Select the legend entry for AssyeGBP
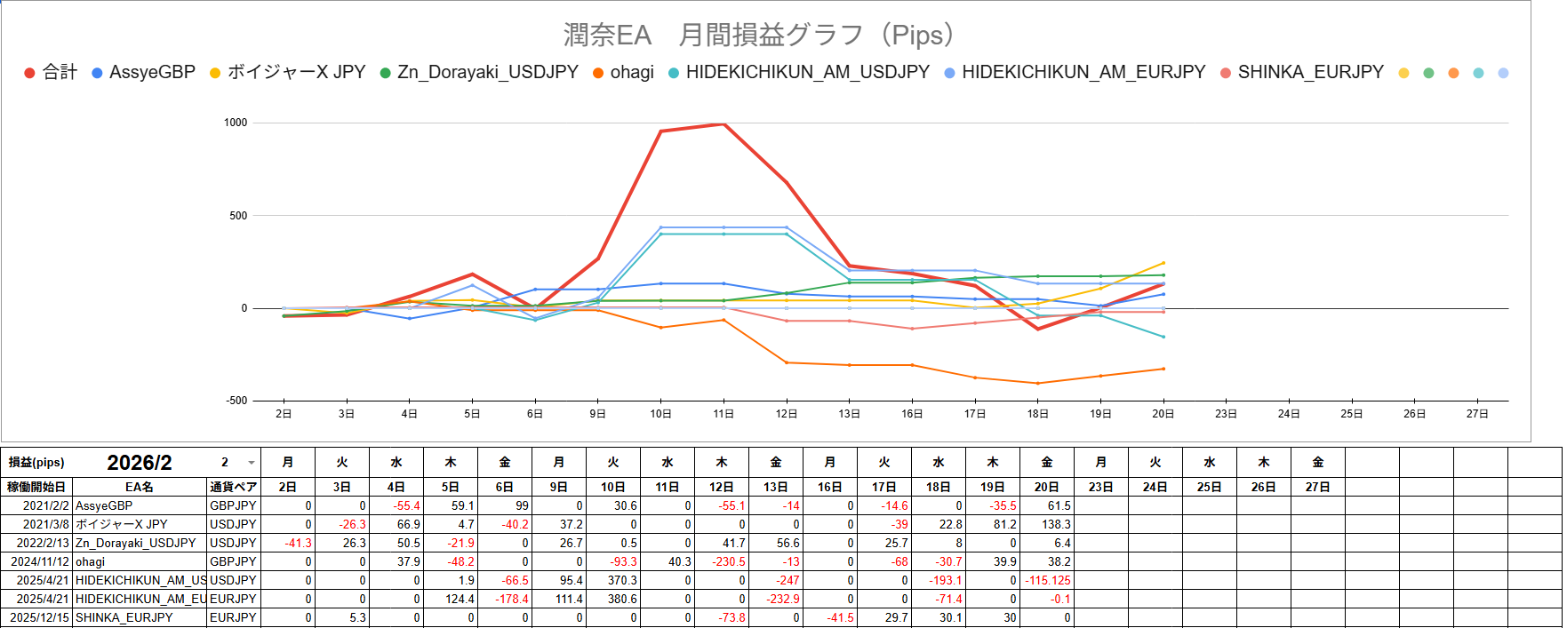[151, 72]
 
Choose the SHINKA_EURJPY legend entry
[1309, 72]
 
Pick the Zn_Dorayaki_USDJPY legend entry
[487, 72]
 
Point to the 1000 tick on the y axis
[236, 123]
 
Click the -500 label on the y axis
[236, 401]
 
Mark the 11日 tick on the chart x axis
[724, 414]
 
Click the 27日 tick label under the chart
[1477, 414]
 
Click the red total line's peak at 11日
[724, 124]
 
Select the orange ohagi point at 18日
[1037, 384]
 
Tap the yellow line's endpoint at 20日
[1163, 263]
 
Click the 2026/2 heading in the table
[140, 463]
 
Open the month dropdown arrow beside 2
[252, 463]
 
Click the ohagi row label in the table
[91, 561]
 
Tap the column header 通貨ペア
[233, 487]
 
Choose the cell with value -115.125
[1048, 580]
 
